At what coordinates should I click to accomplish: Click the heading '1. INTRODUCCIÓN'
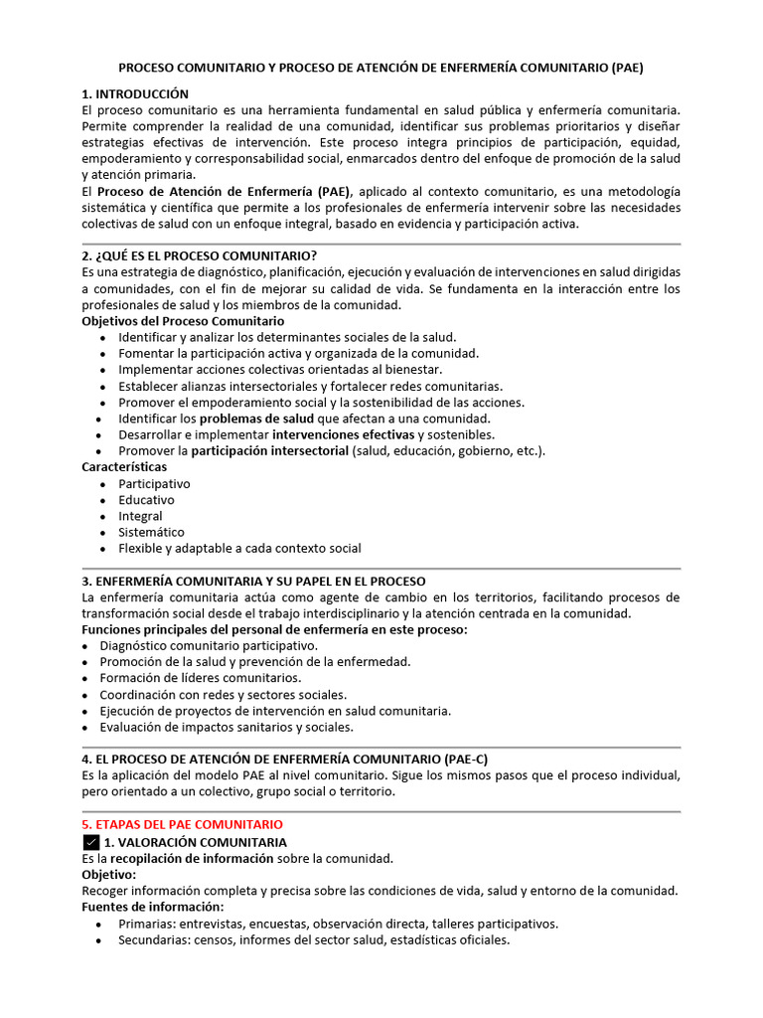(134, 93)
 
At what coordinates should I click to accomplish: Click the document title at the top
(381, 69)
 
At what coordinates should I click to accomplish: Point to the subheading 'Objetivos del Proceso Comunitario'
(182, 321)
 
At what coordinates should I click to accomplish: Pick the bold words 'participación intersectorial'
(270, 450)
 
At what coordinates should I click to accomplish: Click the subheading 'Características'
(124, 466)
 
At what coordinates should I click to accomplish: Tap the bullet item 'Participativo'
(154, 483)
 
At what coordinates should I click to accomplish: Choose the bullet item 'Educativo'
(146, 500)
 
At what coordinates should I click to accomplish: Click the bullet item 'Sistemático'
(151, 532)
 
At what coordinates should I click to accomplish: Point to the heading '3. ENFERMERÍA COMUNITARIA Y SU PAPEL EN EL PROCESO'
(253, 581)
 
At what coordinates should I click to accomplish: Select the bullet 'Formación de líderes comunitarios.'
(200, 678)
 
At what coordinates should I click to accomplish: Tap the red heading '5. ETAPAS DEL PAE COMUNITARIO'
(182, 824)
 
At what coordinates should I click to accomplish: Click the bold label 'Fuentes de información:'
(152, 907)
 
